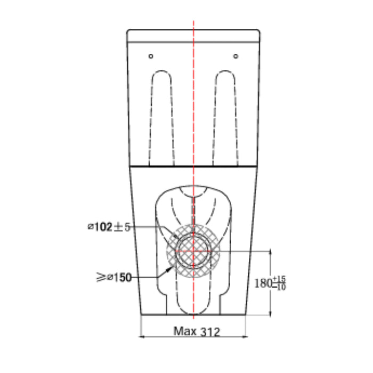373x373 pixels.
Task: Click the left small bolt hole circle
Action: (x=151, y=56)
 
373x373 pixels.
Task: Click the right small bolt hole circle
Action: (x=236, y=56)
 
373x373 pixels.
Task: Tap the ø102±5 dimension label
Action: (x=109, y=227)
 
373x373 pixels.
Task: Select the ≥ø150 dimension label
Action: (x=114, y=278)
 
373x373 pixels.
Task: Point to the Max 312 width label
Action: (x=197, y=331)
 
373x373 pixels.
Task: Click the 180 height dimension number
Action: (x=263, y=283)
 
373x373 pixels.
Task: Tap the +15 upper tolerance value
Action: (x=279, y=279)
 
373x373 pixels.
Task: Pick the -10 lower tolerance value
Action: (x=279, y=287)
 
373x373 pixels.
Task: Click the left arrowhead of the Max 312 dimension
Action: (x=142, y=337)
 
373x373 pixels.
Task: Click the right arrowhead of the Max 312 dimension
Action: (x=245, y=337)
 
